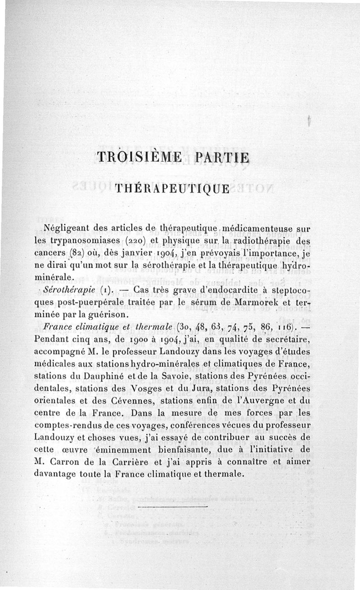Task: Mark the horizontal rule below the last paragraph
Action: click(x=173, y=507)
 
